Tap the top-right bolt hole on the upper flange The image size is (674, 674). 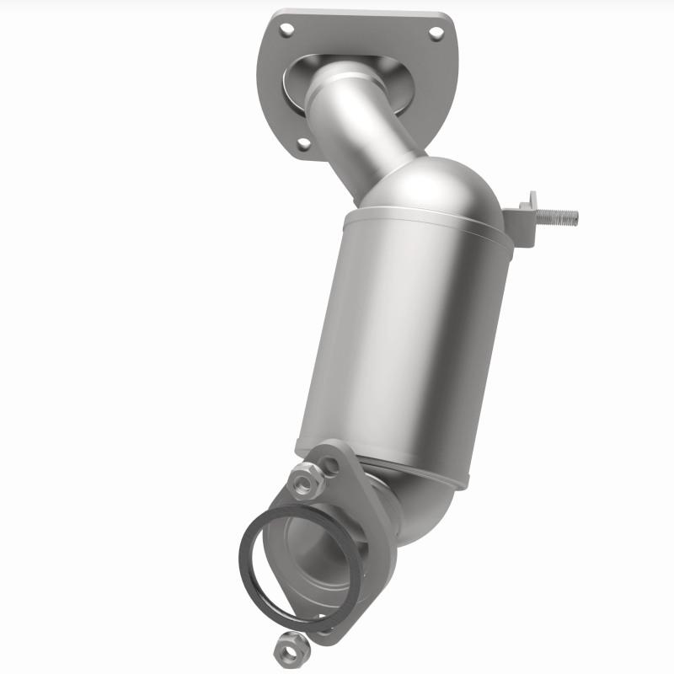click(x=436, y=34)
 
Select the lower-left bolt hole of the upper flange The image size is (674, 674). click(x=302, y=144)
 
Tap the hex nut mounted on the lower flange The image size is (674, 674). click(x=302, y=482)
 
